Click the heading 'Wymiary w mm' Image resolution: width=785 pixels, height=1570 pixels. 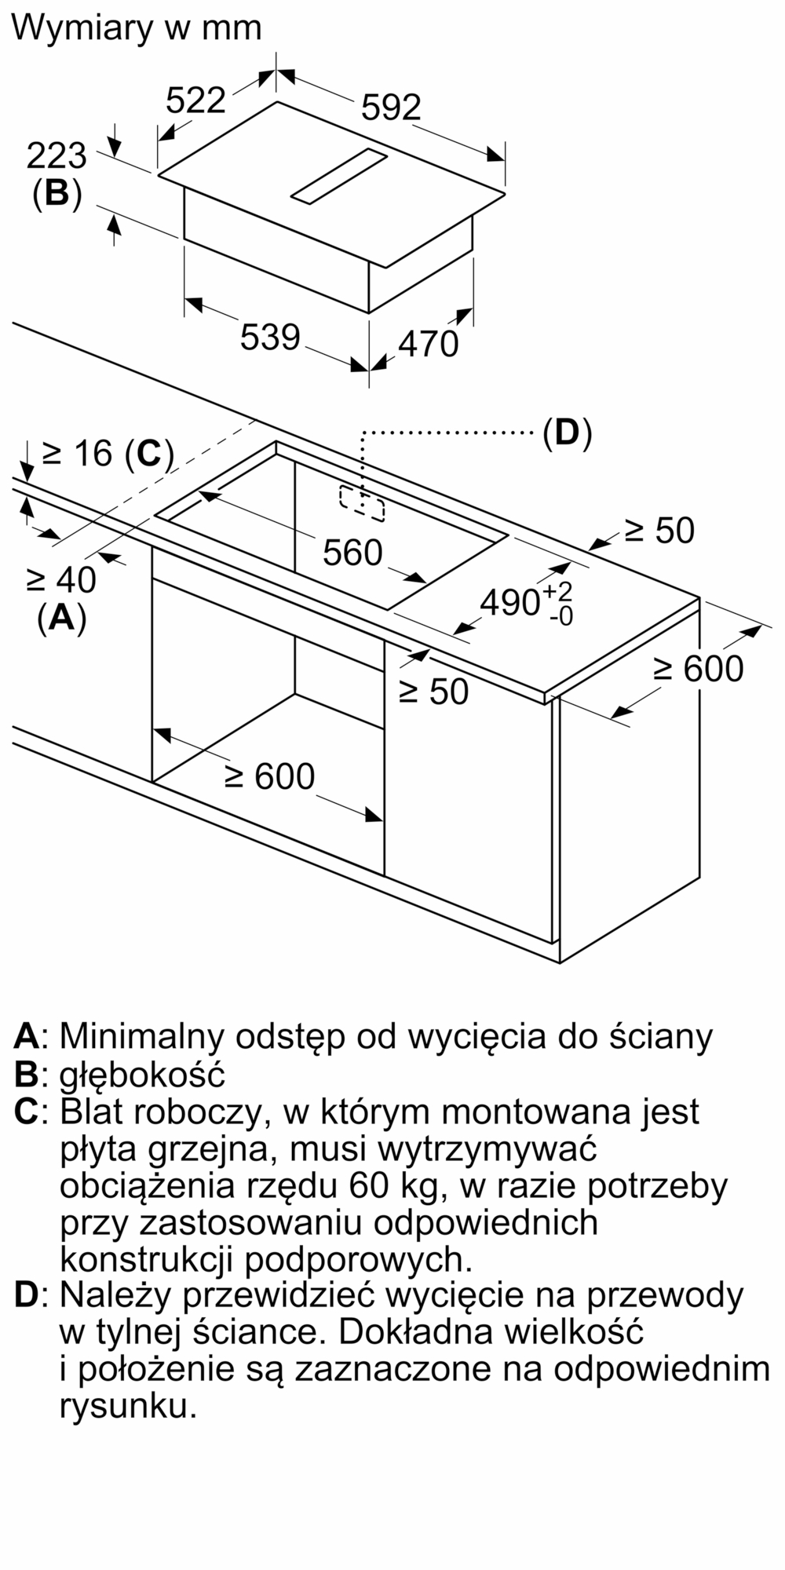pyautogui.click(x=137, y=29)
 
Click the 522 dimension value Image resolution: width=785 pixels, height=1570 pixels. pyautogui.click(x=196, y=100)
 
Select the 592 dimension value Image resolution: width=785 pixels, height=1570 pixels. pyautogui.click(x=391, y=108)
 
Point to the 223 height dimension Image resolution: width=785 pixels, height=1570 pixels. pyautogui.click(x=57, y=156)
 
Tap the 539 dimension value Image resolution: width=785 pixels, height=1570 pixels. pyautogui.click(x=270, y=338)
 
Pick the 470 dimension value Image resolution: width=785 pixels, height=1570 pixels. pyautogui.click(x=428, y=344)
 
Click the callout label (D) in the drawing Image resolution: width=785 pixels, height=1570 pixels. pyautogui.click(x=567, y=433)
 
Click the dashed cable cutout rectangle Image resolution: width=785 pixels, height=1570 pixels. pyautogui.click(x=362, y=503)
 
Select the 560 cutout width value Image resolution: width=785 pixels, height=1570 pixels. pyautogui.click(x=352, y=553)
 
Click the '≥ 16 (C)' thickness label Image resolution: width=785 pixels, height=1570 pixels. pyautogui.click(x=107, y=454)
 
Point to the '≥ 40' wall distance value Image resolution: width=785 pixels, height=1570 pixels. pyautogui.click(x=61, y=581)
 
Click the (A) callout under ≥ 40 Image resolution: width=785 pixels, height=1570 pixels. pyautogui.click(x=61, y=618)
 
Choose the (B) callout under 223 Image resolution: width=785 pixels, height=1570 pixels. pyautogui.click(x=57, y=193)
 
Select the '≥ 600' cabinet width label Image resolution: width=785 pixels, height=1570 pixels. pyautogui.click(x=269, y=776)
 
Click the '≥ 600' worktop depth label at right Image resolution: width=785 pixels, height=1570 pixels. pyautogui.click(x=698, y=669)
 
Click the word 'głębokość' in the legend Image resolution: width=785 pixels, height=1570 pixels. pyautogui.click(x=142, y=1074)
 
